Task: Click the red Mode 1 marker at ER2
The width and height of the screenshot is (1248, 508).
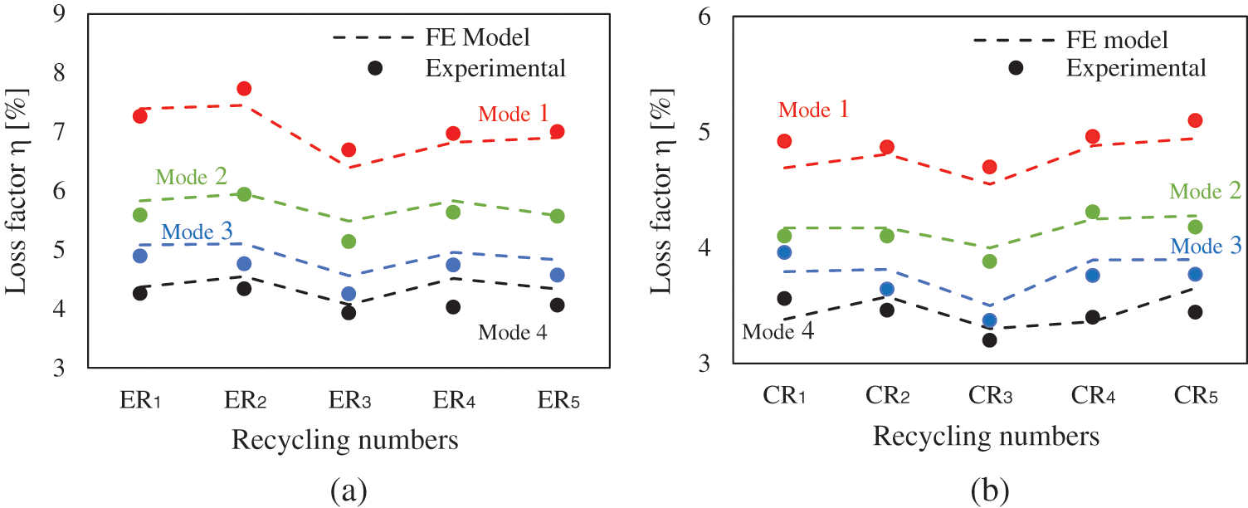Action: (244, 88)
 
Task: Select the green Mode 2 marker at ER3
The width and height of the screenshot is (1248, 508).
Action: (349, 242)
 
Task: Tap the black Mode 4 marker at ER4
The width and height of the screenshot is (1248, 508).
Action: (453, 307)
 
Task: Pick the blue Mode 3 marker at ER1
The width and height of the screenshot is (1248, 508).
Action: (139, 256)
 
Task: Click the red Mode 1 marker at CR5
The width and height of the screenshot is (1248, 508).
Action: (1195, 120)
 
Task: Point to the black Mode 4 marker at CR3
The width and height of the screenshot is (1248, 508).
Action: (989, 340)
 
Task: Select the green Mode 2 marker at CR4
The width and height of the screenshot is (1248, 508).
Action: (1092, 212)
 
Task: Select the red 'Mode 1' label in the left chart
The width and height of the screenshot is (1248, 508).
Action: (511, 114)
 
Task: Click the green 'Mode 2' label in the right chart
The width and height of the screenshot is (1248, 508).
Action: (1205, 191)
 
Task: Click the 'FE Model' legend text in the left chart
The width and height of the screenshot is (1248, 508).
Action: (477, 37)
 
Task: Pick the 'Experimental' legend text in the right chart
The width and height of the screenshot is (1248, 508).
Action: (1136, 67)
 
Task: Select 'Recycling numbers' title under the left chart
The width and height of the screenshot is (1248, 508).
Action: (344, 441)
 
